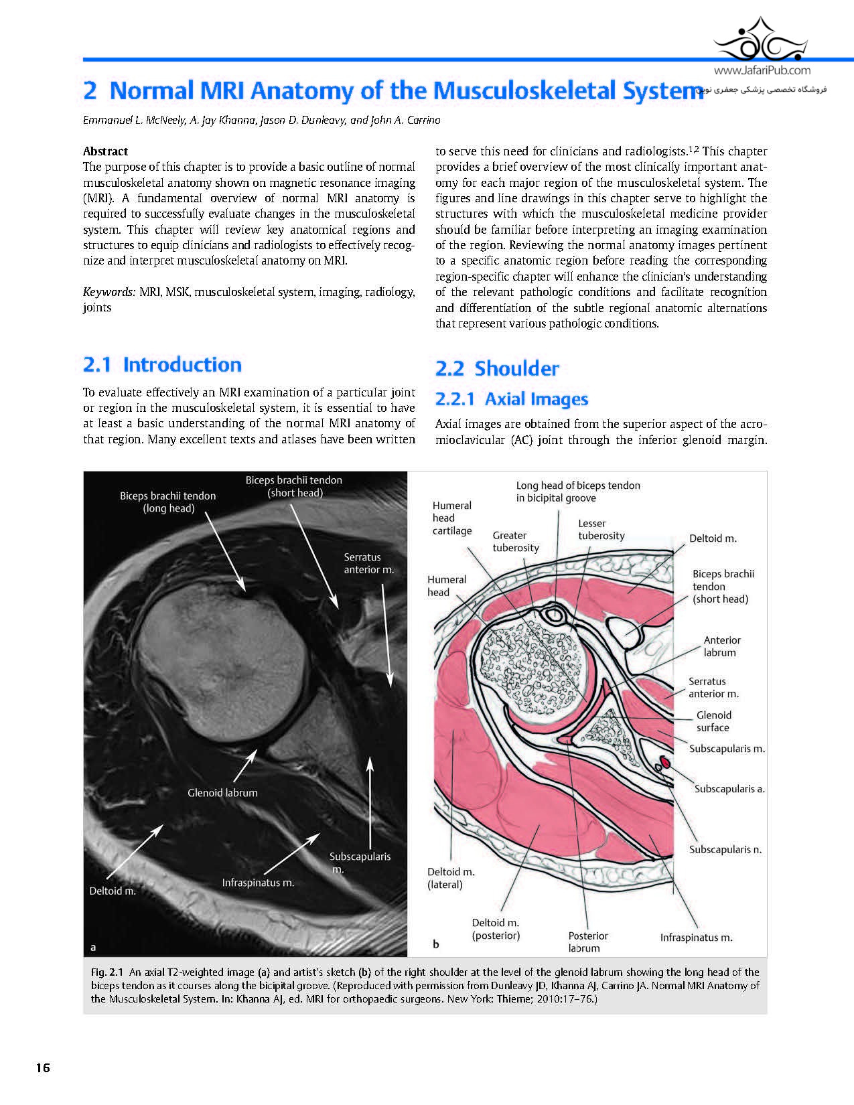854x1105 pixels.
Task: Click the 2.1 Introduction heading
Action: [162, 365]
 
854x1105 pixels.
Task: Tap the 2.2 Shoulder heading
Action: [497, 368]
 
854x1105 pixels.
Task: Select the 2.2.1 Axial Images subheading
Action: [512, 399]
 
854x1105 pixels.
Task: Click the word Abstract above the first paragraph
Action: [105, 151]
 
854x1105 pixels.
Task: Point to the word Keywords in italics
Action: [109, 292]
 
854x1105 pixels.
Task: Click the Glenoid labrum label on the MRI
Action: [222, 793]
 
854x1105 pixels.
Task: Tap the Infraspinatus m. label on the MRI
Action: [258, 883]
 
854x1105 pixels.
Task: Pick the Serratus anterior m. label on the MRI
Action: [368, 563]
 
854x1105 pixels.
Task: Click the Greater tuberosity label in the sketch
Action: [515, 541]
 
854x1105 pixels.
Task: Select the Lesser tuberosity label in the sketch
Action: [601, 529]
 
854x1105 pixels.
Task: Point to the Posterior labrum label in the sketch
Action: [587, 942]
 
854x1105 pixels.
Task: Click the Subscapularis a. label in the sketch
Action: [729, 789]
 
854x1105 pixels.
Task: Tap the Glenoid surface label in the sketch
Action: [713, 721]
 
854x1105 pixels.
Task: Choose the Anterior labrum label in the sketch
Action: [721, 646]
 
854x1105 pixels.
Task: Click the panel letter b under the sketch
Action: [436, 944]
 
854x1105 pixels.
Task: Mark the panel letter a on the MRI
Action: [94, 947]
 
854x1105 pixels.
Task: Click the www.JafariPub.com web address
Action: [762, 70]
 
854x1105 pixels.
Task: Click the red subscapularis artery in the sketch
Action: [667, 761]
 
